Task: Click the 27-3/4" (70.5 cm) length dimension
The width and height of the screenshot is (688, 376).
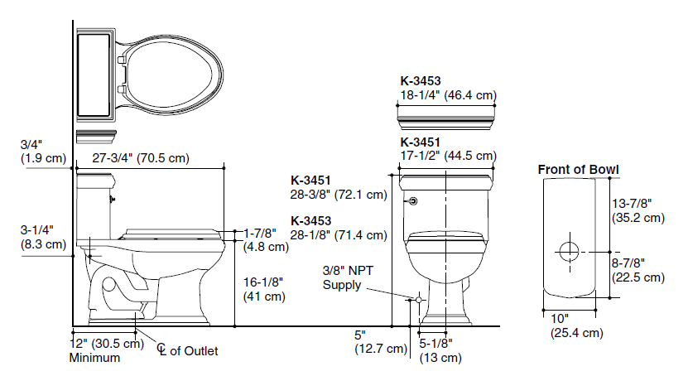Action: coord(141,158)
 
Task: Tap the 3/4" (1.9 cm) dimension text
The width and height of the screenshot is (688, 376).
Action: coord(43,152)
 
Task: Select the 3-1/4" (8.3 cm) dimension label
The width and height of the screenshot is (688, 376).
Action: coord(43,238)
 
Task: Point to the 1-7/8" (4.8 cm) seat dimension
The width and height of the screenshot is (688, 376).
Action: coord(266,240)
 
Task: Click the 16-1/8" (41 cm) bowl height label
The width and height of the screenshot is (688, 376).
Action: coord(264,289)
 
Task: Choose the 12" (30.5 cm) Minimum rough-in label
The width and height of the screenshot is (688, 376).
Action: coord(107,350)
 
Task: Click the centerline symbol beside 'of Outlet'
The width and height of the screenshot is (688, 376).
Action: coord(162,349)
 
